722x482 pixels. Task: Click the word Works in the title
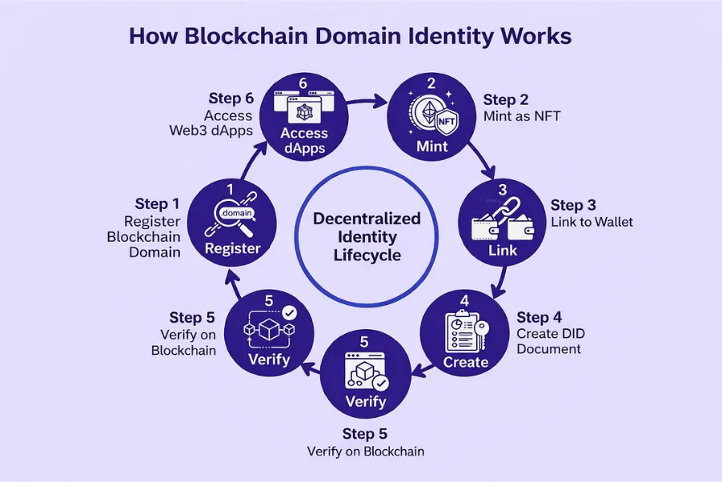[x=533, y=38]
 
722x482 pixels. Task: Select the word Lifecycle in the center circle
[x=367, y=255]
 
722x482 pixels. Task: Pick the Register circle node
[x=232, y=219]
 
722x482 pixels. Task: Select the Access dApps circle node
[x=303, y=114]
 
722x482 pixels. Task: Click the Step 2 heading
[x=506, y=100]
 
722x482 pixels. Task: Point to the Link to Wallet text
[x=592, y=222]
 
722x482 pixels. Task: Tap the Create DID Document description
[x=548, y=341]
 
